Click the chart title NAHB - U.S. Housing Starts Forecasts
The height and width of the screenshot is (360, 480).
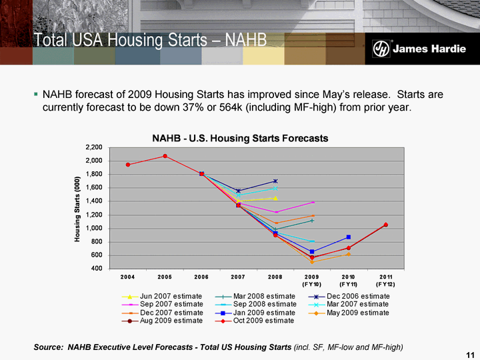point(240,139)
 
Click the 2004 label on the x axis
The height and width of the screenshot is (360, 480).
point(127,276)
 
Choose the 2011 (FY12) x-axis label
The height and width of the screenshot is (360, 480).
point(385,280)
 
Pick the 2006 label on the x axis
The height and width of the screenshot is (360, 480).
point(201,276)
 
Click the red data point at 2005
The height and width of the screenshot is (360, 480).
point(165,156)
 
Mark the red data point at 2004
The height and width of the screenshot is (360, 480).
point(127,165)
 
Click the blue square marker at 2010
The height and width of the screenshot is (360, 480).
point(348,237)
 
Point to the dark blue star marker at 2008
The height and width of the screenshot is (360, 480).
point(275,181)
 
